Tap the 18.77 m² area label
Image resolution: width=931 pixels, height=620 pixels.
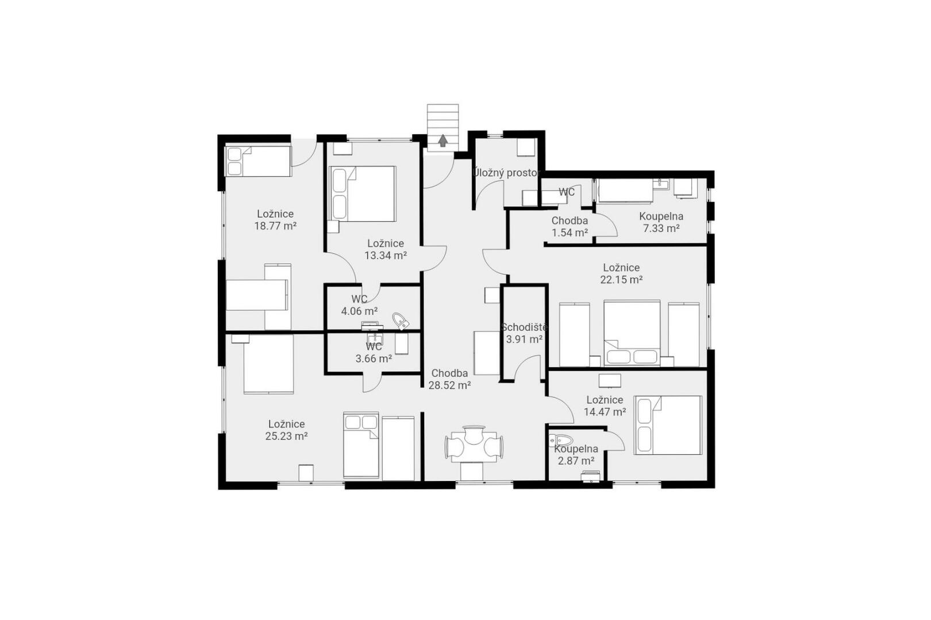(x=275, y=226)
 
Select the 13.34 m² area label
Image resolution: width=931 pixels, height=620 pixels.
(x=385, y=255)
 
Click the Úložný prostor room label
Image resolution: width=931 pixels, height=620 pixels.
(x=506, y=173)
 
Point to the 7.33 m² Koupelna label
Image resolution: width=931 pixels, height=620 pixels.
(x=661, y=222)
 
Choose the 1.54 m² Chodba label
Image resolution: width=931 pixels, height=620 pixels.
(x=570, y=227)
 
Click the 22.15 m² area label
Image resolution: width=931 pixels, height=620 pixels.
(x=621, y=280)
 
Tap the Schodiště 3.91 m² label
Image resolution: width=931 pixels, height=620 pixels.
(x=524, y=333)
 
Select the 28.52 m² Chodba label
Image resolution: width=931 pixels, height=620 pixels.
(x=449, y=379)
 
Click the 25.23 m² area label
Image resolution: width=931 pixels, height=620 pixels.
(x=286, y=436)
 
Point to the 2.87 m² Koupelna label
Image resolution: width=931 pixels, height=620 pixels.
(x=576, y=455)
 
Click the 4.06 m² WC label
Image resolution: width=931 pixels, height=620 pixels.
(x=359, y=305)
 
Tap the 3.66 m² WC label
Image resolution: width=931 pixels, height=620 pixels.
(x=374, y=352)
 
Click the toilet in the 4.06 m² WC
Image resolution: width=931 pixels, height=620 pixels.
(x=401, y=321)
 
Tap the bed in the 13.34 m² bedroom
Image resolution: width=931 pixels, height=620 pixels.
(x=362, y=193)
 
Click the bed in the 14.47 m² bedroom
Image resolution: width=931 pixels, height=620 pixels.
(x=668, y=425)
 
